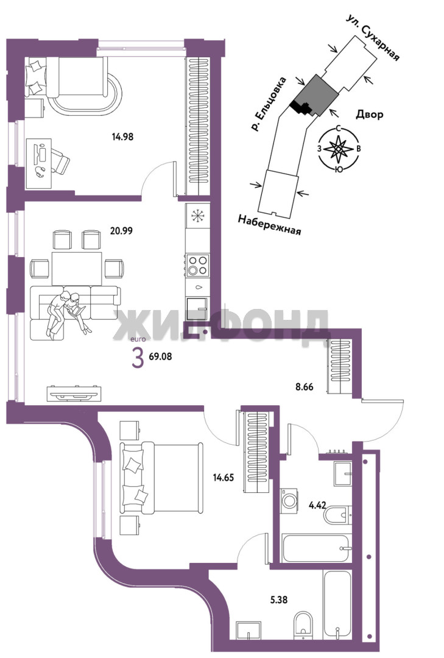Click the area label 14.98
tap(122, 136)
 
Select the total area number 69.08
tap(160, 356)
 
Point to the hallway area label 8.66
tap(305, 387)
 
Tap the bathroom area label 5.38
tap(279, 600)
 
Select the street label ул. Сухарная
tap(372, 37)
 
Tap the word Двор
tap(370, 114)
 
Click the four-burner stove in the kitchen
tap(198, 265)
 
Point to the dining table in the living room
tap(76, 268)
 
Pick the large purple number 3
tap(138, 359)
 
